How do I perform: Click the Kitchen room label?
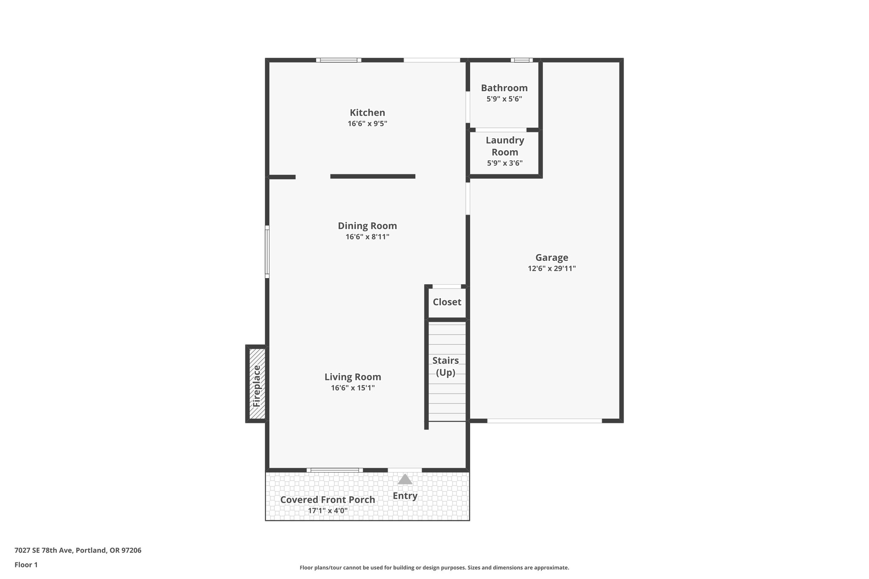click(x=367, y=113)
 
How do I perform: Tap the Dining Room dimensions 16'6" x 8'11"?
click(x=367, y=237)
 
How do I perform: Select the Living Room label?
click(x=353, y=377)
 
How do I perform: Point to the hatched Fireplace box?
click(x=257, y=384)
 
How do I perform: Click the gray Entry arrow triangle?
click(x=405, y=479)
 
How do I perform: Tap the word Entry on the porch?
click(x=405, y=495)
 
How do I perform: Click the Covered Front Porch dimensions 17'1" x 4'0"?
click(x=328, y=511)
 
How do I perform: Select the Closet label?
click(x=447, y=302)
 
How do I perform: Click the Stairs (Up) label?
click(x=446, y=366)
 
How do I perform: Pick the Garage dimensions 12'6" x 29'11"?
click(x=552, y=269)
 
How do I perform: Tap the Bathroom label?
click(x=504, y=88)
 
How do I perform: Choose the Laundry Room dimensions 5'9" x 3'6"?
click(x=505, y=163)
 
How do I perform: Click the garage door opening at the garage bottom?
click(x=544, y=421)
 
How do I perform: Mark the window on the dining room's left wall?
click(x=267, y=252)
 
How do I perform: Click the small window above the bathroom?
click(x=521, y=60)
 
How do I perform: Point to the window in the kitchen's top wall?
click(x=339, y=60)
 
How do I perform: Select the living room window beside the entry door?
click(x=335, y=470)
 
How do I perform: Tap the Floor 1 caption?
click(x=26, y=565)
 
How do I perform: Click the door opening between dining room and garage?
click(x=468, y=198)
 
